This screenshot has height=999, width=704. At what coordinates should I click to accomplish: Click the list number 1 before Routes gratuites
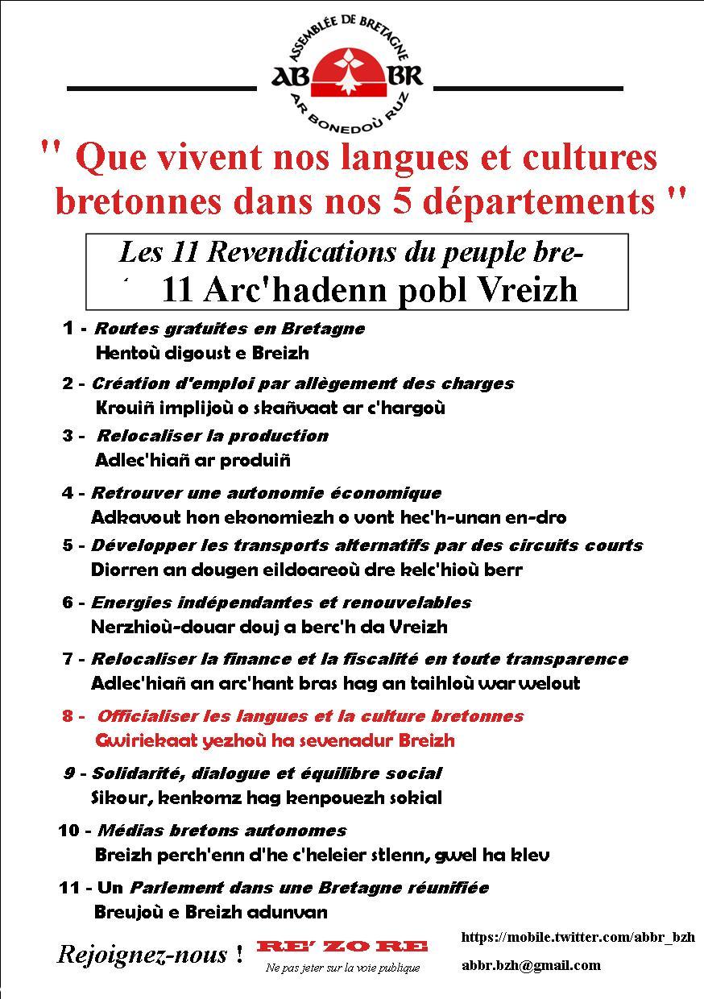point(70,329)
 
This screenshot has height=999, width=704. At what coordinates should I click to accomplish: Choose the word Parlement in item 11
point(173,888)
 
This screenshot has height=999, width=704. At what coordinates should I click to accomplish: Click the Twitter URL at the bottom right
point(578,937)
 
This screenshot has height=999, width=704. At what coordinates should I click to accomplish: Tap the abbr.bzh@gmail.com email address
point(531,965)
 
